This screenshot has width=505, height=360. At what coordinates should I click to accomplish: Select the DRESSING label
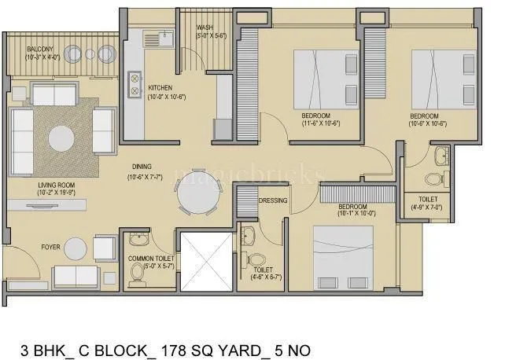pos(273,200)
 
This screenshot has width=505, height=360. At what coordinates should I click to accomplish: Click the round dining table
pos(195,193)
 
